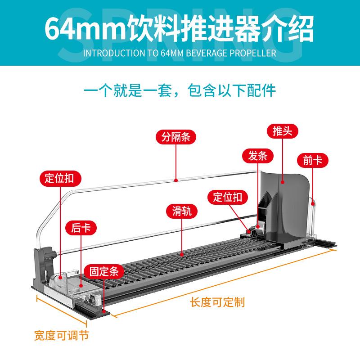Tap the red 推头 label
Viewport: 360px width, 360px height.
282,131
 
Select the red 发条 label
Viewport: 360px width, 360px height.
258,156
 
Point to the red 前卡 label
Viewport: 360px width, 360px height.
313,161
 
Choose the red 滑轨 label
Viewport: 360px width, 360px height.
182,211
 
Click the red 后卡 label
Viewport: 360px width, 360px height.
81,228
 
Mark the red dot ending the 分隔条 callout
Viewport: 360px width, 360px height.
176,180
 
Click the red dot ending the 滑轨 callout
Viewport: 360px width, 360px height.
182,254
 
